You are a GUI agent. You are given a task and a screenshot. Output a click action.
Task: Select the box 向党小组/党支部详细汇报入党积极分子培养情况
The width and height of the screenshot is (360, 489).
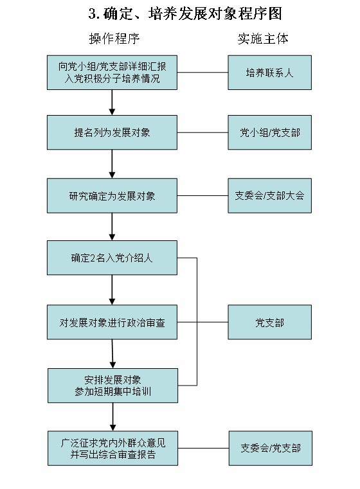point(113,73)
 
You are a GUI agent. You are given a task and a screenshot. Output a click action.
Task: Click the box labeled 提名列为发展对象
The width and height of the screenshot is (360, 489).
point(113,132)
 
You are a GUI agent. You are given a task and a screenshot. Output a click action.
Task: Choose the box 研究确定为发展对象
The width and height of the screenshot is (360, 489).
point(113,195)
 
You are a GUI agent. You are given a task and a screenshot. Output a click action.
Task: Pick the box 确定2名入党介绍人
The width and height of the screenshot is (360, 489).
point(113,258)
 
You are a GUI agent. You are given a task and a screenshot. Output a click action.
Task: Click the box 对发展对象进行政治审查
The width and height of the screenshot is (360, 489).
point(113,322)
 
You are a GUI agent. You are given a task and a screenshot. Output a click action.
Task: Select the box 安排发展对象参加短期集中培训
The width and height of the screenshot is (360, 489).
point(113,384)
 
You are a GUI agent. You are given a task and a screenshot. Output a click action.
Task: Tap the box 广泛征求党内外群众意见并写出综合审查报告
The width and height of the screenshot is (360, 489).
point(113,448)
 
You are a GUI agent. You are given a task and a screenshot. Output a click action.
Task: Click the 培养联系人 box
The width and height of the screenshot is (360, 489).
point(269,73)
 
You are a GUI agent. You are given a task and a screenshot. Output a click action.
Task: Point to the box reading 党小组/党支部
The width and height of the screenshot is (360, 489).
point(269,132)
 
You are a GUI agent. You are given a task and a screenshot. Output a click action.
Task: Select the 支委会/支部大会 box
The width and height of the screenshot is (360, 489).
point(269,195)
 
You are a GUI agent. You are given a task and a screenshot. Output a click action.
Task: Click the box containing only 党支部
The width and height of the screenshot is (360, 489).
point(269,322)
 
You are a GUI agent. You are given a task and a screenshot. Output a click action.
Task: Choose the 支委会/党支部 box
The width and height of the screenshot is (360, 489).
point(269,448)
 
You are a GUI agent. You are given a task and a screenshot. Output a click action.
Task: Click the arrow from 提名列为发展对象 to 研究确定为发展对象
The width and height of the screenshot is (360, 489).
point(113,164)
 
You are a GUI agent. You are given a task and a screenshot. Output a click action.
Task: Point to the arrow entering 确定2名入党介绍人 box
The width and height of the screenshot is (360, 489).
point(113,227)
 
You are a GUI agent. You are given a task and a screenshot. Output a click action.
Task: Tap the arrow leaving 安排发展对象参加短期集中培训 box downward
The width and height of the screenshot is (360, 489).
point(113,416)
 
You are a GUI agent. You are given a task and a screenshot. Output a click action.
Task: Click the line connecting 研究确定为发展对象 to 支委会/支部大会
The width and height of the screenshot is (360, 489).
point(203,195)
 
